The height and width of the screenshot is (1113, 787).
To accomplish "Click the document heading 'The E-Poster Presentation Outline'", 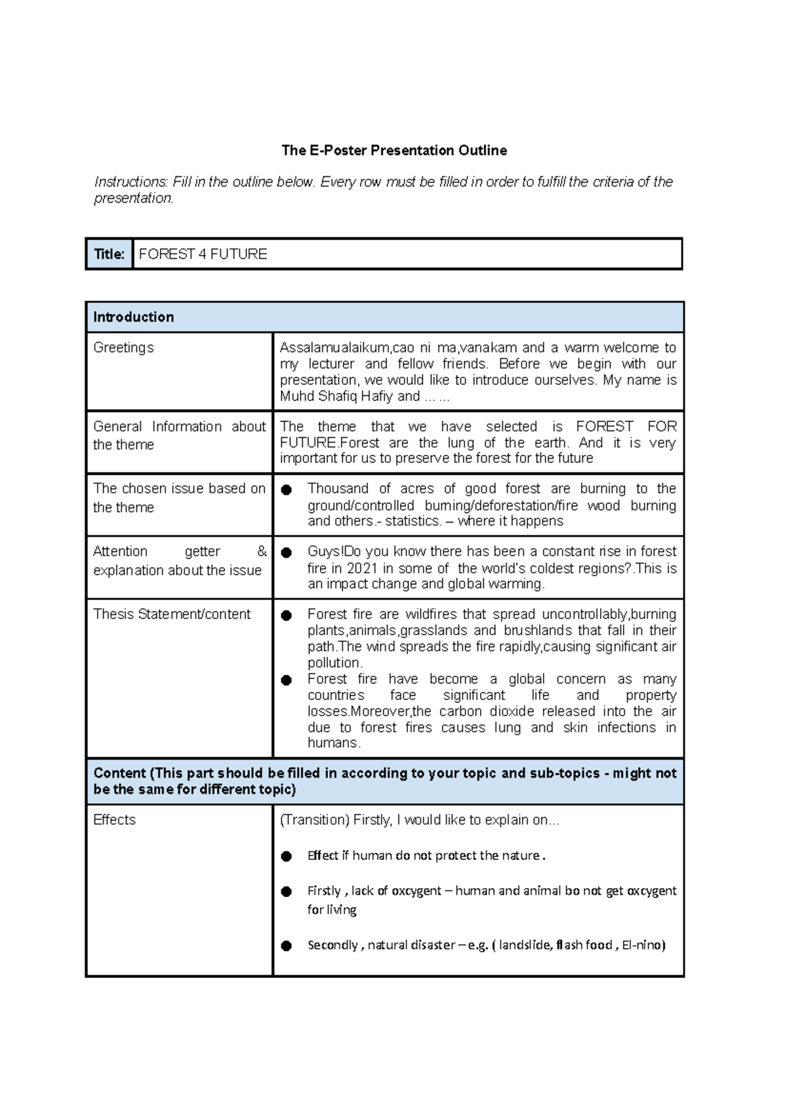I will (x=394, y=151).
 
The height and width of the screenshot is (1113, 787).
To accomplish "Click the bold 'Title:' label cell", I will (x=109, y=254).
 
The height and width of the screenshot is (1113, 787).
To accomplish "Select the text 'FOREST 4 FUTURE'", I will (x=203, y=254).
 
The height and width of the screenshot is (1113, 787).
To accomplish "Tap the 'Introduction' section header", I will (x=134, y=317).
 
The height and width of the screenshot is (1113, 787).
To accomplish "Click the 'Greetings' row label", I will (x=123, y=347).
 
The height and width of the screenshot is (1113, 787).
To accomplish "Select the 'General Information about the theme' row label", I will (x=179, y=435).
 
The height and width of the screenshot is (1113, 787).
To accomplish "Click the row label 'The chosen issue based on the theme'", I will (x=179, y=498).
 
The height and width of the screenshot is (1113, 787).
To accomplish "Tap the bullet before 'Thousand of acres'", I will (x=287, y=490).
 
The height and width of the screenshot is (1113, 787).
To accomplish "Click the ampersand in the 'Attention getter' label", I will (x=262, y=552).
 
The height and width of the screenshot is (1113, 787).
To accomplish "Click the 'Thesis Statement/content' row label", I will (x=172, y=614).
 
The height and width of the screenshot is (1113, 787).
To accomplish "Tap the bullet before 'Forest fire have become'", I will (x=287, y=680).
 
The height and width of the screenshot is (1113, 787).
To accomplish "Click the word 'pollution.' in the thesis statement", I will (x=334, y=663).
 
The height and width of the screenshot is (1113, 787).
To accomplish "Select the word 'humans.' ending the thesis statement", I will (x=334, y=743).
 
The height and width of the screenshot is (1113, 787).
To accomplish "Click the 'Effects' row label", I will (x=115, y=820).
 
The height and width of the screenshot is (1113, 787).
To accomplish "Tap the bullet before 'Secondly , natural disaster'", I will (x=287, y=946).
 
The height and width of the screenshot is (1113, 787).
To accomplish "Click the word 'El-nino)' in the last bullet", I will (x=643, y=945).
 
